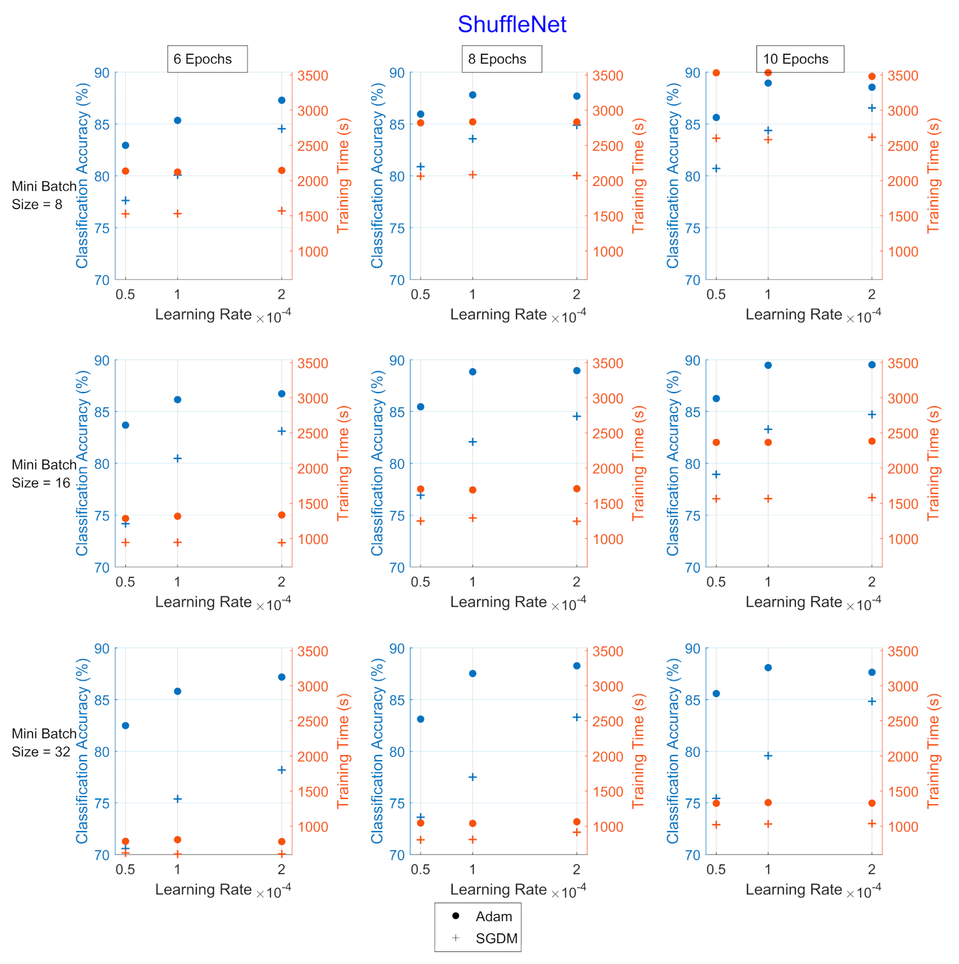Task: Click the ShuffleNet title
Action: click(511, 24)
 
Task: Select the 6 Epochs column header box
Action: click(207, 59)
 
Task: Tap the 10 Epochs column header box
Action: click(800, 59)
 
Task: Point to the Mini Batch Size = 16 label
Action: click(43, 474)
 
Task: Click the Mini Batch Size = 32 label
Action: click(43, 743)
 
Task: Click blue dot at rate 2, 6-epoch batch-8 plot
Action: click(282, 100)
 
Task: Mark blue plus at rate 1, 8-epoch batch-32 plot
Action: click(472, 777)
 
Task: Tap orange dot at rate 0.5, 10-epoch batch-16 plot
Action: click(716, 442)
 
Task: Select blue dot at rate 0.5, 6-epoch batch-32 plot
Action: click(125, 726)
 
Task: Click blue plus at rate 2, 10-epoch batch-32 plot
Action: click(872, 701)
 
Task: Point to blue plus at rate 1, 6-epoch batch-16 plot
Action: click(178, 458)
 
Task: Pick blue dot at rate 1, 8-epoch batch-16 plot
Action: click(472, 371)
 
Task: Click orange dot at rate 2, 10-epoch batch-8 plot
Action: click(872, 77)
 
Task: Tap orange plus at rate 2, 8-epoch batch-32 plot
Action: click(577, 832)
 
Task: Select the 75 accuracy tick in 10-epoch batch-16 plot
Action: click(692, 516)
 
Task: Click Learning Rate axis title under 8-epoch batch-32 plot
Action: click(498, 890)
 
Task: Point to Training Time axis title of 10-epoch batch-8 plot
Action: click(933, 175)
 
